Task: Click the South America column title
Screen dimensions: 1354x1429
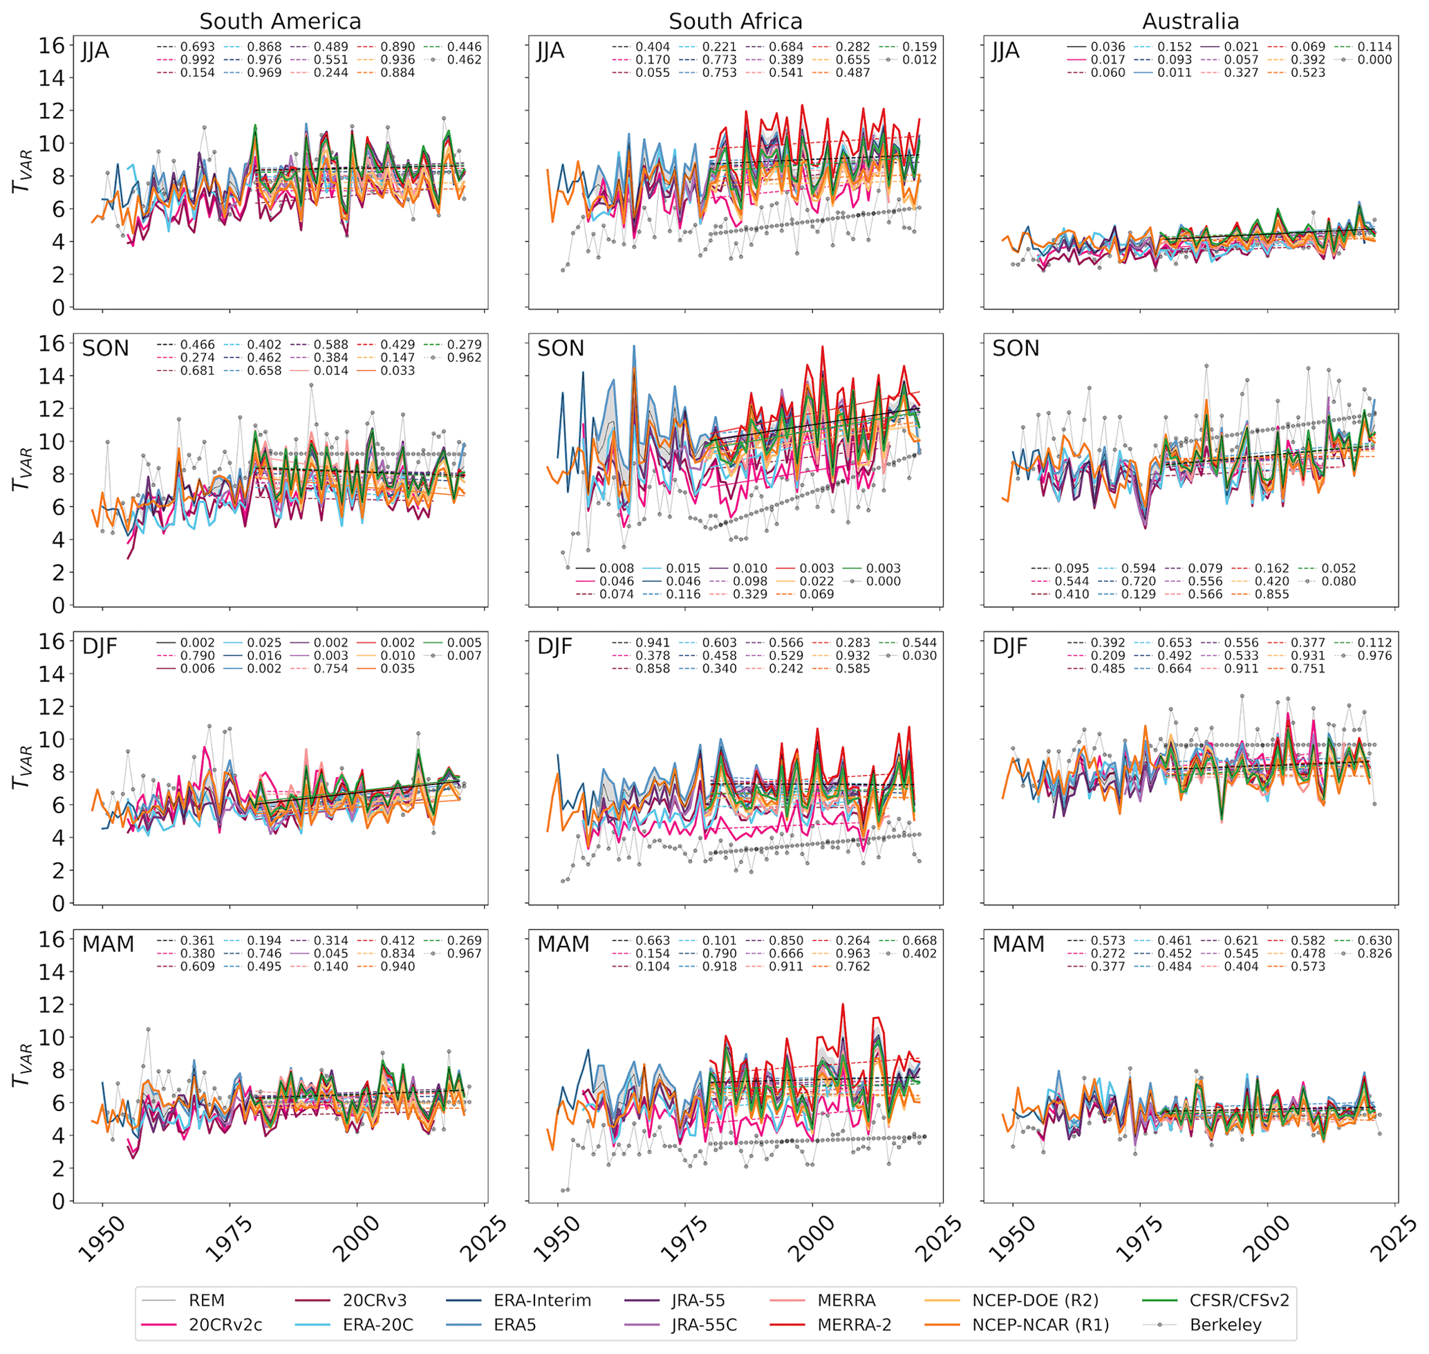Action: click(280, 21)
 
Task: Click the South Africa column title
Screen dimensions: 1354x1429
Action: click(735, 21)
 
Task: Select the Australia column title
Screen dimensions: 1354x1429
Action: click(1190, 21)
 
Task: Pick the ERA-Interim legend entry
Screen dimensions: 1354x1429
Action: click(542, 1301)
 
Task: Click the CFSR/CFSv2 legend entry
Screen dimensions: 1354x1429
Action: click(1239, 1301)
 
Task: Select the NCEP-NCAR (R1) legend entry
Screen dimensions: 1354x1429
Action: click(1040, 1325)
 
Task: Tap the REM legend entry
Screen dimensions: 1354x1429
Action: click(206, 1301)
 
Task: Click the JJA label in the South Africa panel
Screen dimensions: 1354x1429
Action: click(550, 51)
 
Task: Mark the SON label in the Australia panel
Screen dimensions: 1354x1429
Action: click(1016, 349)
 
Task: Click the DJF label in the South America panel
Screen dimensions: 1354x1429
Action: click(100, 647)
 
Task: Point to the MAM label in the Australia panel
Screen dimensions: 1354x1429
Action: click(1018, 944)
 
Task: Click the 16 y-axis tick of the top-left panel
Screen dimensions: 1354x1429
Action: click(51, 46)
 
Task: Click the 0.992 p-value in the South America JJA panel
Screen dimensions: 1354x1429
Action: click(198, 60)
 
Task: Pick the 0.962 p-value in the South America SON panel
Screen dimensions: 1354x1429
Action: click(465, 357)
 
